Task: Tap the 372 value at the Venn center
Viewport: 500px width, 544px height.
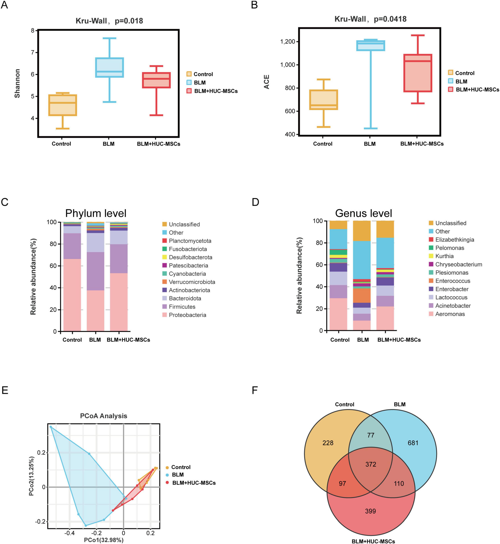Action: pyautogui.click(x=371, y=464)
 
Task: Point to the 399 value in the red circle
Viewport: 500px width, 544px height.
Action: pyautogui.click(x=370, y=511)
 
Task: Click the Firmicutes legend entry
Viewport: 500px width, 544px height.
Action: pyautogui.click(x=182, y=307)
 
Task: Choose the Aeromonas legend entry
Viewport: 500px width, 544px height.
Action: pyautogui.click(x=450, y=314)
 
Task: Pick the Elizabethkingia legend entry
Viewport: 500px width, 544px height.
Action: pyautogui.click(x=455, y=240)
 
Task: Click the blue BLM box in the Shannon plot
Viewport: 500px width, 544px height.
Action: pyautogui.click(x=110, y=67)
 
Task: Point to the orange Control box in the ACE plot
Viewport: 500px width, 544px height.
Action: pyautogui.click(x=324, y=100)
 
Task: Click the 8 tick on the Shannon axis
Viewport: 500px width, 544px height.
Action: pyautogui.click(x=33, y=31)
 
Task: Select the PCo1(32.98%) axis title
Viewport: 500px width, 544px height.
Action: pyautogui.click(x=104, y=540)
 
